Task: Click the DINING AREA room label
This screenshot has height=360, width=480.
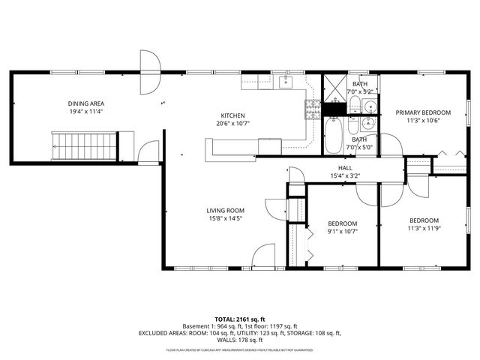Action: [x=86, y=103]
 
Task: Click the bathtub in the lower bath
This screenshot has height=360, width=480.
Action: [x=334, y=135]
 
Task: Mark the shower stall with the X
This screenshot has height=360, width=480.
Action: [x=336, y=88]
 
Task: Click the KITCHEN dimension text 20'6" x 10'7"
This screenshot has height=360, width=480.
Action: [x=232, y=123]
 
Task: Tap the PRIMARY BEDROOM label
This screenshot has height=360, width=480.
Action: [x=423, y=112]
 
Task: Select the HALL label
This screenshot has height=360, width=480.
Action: [x=345, y=168]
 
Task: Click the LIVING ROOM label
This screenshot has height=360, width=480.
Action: [x=226, y=210]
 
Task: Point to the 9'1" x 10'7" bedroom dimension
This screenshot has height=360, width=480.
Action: [x=342, y=232]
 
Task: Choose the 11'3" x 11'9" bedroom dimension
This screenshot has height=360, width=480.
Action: [x=423, y=228]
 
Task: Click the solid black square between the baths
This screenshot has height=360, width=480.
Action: [x=333, y=108]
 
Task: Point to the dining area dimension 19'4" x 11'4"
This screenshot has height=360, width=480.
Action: [x=86, y=111]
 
